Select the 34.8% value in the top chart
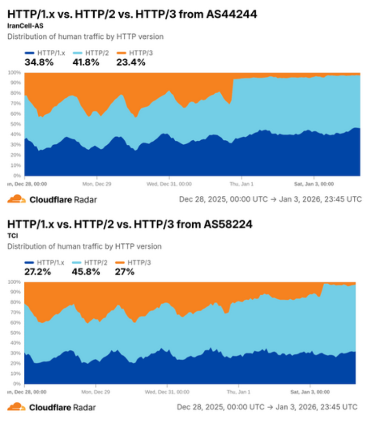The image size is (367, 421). pos(39,62)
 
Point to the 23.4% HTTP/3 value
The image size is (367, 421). pos(131,62)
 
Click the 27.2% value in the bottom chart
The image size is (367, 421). pos(37,272)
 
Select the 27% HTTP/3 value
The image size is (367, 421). pos(125,272)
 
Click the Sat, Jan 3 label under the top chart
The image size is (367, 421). pos(313,184)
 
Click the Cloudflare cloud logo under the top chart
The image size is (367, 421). pos(16,199)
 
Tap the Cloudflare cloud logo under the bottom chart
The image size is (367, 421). pos(16,407)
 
